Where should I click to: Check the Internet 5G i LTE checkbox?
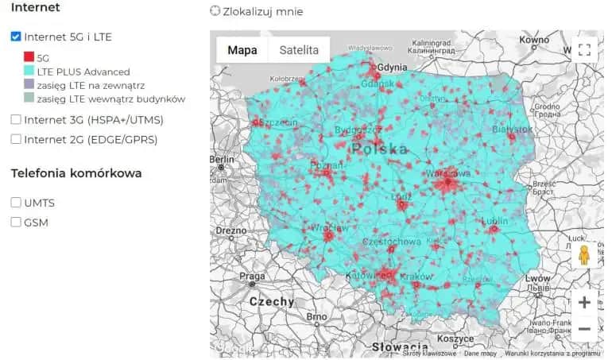tap(16, 37)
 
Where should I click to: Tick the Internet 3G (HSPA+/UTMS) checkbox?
tap(16, 120)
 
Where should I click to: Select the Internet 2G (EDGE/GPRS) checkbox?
tap(16, 139)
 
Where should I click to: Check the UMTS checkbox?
tap(16, 203)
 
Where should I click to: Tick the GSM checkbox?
tap(16, 223)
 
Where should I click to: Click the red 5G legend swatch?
tap(29, 58)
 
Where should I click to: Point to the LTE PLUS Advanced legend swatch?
tap(29, 72)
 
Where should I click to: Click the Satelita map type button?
tap(298, 50)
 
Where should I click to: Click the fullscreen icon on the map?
tap(584, 50)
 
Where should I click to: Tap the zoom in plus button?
tap(584, 302)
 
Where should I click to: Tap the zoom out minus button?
tap(584, 328)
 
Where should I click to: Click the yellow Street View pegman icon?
tap(584, 255)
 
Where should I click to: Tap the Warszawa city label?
tap(449, 172)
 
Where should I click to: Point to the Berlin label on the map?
tap(222, 159)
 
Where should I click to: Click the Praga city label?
tap(252, 276)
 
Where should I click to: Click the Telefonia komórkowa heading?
tap(76, 173)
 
